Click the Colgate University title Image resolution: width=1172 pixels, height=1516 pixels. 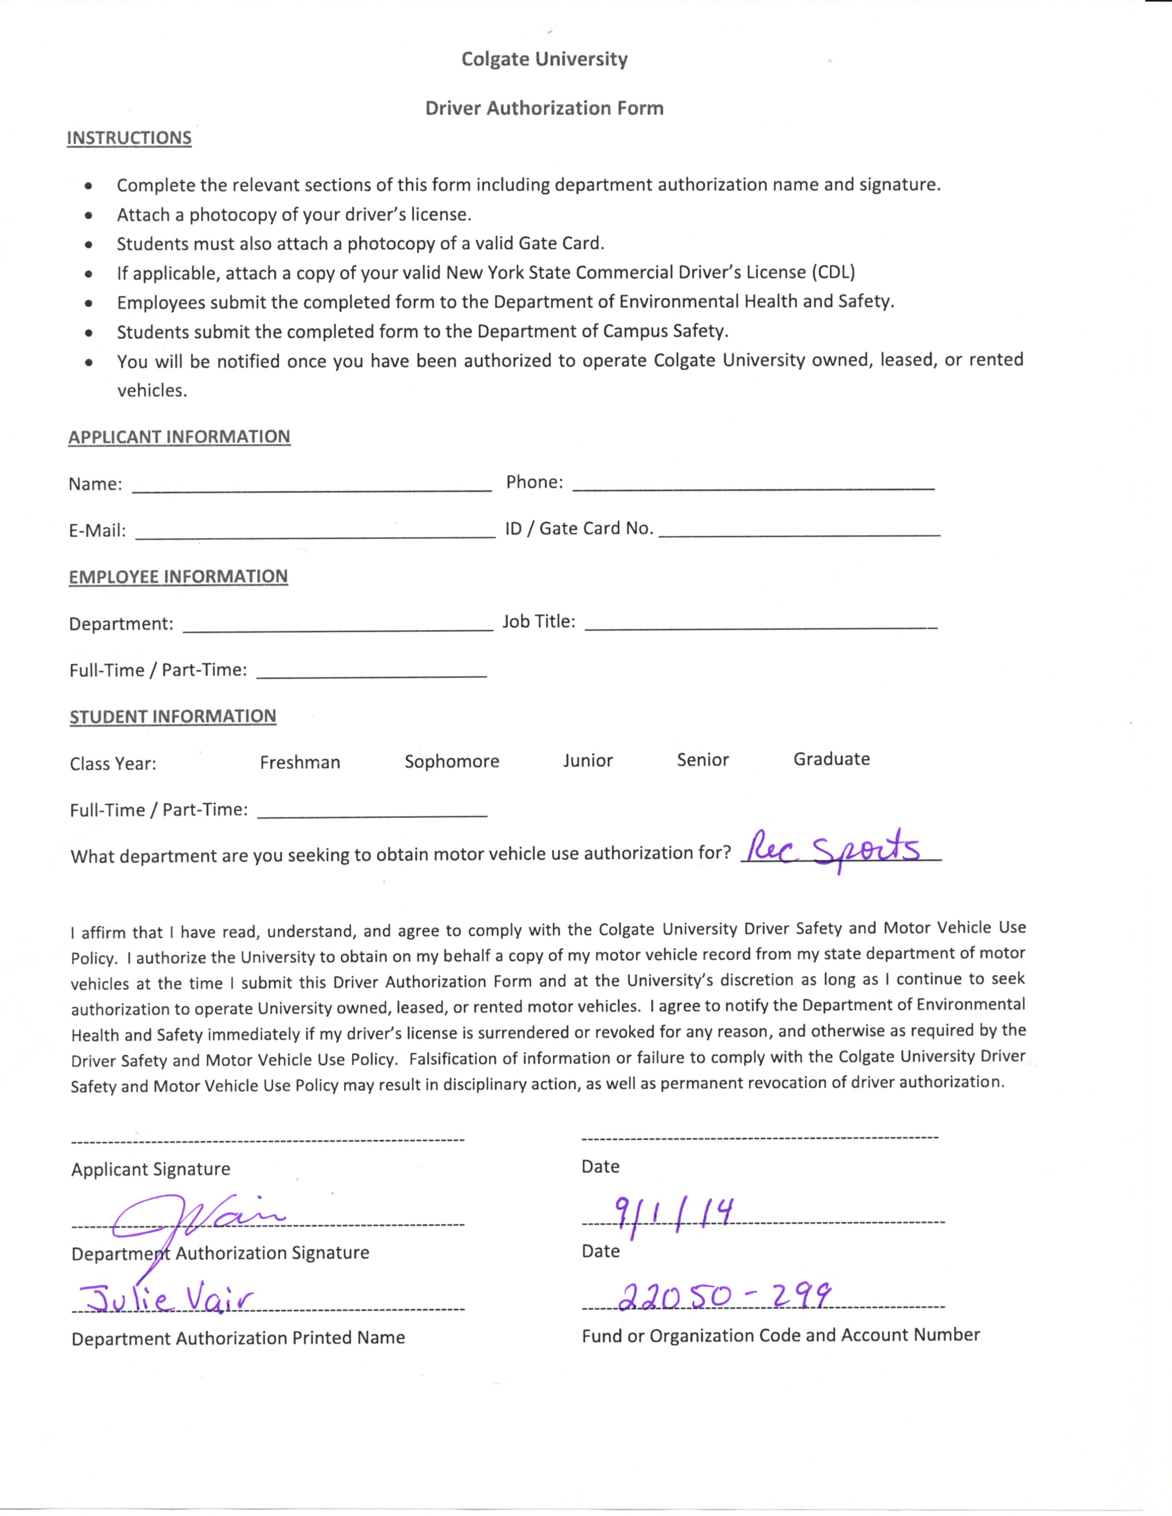point(544,59)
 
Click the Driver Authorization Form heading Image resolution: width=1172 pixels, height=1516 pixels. point(544,108)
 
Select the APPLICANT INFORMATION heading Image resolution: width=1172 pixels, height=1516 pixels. point(179,436)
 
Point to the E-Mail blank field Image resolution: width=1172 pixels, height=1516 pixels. point(315,531)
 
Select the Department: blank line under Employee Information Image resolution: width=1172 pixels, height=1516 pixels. point(337,625)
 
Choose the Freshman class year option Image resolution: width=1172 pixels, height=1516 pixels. point(300,762)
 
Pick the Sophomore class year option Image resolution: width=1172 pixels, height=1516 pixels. point(452,762)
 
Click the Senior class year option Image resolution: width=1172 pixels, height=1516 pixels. point(703,759)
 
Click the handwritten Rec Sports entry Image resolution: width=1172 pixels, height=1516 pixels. point(833,848)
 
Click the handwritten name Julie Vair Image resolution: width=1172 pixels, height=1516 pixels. point(167,1298)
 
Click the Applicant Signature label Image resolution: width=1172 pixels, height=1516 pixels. point(151,1169)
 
